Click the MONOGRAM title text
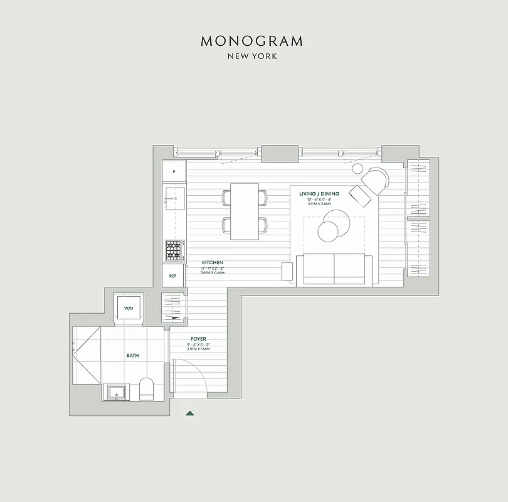[x=252, y=41]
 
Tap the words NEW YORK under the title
[x=252, y=56]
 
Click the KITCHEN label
[x=212, y=262]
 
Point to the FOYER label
[x=198, y=339]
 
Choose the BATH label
[x=133, y=356]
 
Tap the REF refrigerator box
[x=173, y=275]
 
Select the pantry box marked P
[x=174, y=171]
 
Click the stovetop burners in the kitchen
[x=174, y=250]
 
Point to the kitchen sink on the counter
[x=174, y=200]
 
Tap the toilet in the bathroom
[x=146, y=388]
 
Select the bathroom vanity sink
[x=117, y=393]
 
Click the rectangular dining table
[x=245, y=211]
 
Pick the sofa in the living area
[x=334, y=269]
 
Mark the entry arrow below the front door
[x=190, y=413]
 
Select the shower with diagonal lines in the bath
[x=87, y=356]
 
